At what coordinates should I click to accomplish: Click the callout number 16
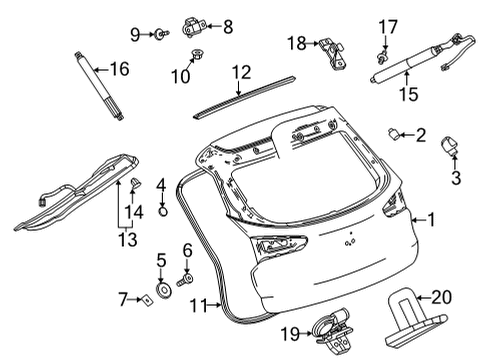pyautogui.click(x=119, y=69)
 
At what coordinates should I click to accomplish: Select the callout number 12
pyautogui.click(x=241, y=72)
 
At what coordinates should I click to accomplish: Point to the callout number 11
pyautogui.click(x=200, y=305)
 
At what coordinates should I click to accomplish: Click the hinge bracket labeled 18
pyautogui.click(x=330, y=52)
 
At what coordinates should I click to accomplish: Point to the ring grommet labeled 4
pyautogui.click(x=161, y=215)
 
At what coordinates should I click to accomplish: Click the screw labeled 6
pyautogui.click(x=184, y=282)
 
